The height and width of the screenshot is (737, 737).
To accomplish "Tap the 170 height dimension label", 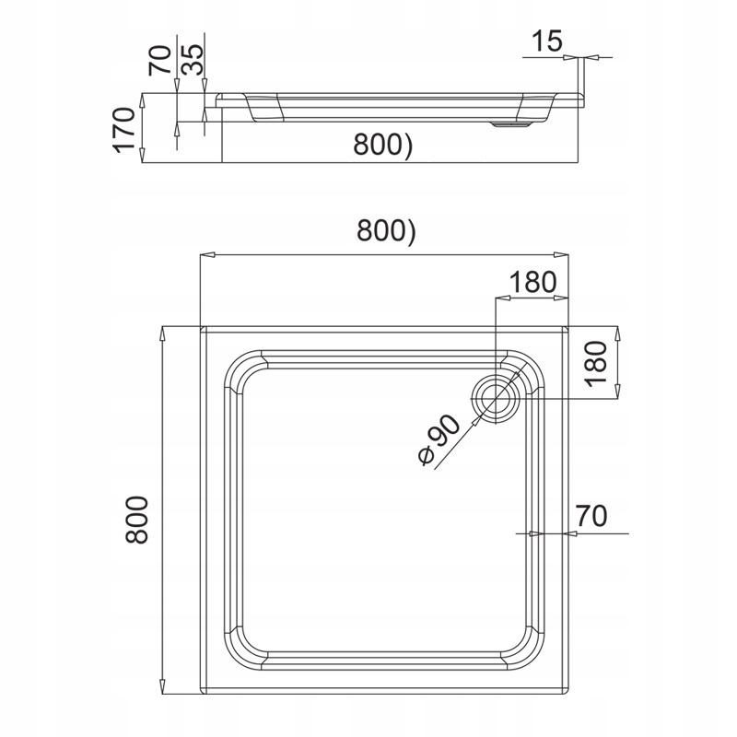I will pyautogui.click(x=125, y=130).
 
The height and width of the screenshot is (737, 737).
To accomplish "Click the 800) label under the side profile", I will pyautogui.click(x=380, y=144).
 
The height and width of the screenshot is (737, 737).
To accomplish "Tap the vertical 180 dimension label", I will pyautogui.click(x=596, y=362).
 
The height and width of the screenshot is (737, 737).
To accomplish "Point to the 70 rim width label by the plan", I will pyautogui.click(x=593, y=518).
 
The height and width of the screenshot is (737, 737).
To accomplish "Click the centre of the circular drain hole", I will pyautogui.click(x=497, y=398).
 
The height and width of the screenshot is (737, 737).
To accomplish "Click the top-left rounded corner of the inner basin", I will pyautogui.click(x=241, y=367).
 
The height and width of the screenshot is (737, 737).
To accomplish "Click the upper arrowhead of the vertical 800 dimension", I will pyautogui.click(x=161, y=332).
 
